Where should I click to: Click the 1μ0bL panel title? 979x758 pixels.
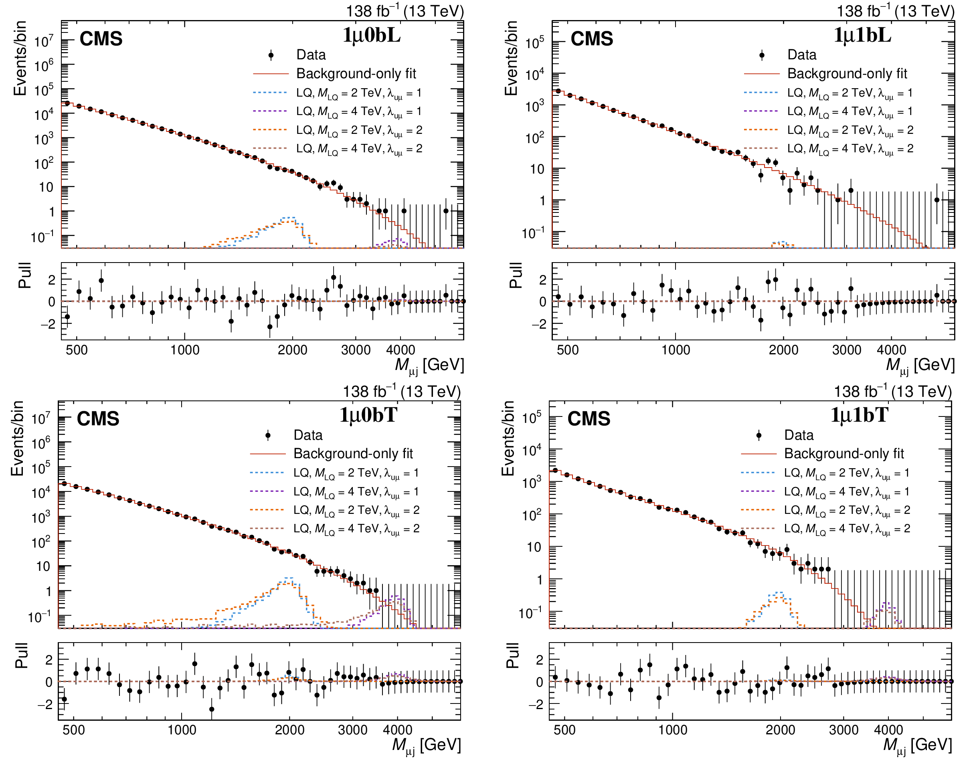point(372,35)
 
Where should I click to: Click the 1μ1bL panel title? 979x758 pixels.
point(862,35)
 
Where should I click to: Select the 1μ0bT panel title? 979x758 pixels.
point(368,415)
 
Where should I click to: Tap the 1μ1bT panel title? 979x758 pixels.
point(859,415)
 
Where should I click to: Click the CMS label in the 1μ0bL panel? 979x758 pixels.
point(101,38)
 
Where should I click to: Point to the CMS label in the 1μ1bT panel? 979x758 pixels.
point(589,418)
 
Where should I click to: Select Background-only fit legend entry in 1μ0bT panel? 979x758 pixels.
point(332,454)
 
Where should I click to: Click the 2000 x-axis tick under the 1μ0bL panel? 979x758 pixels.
point(292,350)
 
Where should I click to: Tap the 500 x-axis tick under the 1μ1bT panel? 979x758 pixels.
point(564,730)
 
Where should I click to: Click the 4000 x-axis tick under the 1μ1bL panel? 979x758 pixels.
point(891,350)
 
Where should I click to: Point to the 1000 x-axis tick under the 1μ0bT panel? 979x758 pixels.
point(182,730)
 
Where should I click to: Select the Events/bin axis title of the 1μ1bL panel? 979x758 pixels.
point(511,58)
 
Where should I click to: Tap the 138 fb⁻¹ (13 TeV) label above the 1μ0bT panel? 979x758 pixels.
point(402,391)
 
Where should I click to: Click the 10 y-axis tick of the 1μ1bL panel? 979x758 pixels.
point(536,170)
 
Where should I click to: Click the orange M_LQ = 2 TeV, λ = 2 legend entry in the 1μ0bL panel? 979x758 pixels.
point(338,130)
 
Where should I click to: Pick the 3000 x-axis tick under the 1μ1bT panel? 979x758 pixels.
point(843,730)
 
